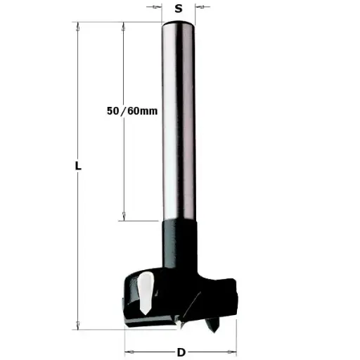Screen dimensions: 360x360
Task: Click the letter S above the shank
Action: [179, 8]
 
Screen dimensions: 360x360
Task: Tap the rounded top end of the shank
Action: [179, 25]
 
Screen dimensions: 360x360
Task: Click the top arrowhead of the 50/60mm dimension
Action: [124, 26]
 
